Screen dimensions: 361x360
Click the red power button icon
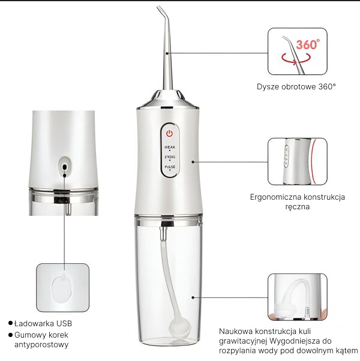point(169,133)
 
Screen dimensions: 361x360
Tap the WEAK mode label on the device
point(170,146)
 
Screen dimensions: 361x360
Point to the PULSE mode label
point(170,167)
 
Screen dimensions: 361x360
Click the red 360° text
point(308,44)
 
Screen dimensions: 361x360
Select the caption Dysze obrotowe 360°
point(296,86)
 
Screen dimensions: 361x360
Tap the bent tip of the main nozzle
point(161,11)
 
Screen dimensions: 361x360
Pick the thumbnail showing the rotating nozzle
point(297,51)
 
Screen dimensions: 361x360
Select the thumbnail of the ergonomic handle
point(297,161)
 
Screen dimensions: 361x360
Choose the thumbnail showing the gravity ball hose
point(297,297)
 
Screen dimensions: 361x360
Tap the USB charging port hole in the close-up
point(64,163)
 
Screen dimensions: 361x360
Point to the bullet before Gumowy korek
point(10,335)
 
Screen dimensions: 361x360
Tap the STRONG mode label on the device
point(170,157)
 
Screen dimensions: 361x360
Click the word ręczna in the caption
point(298,206)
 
